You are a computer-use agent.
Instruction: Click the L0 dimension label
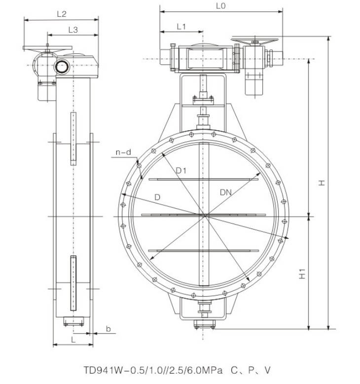pyautogui.click(x=220, y=6)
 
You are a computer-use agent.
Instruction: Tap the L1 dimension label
pyautogui.click(x=181, y=27)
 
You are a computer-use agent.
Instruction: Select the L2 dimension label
pyautogui.click(x=62, y=14)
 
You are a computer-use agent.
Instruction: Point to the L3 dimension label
pyautogui.click(x=73, y=30)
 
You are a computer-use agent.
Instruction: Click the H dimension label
pyautogui.click(x=322, y=183)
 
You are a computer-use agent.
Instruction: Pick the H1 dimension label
pyautogui.click(x=302, y=273)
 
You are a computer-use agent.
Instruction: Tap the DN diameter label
pyautogui.click(x=226, y=192)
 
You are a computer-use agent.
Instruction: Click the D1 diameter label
pyautogui.click(x=181, y=170)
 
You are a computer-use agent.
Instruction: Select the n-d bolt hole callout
pyautogui.click(x=123, y=153)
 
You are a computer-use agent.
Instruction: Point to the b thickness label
pyautogui.click(x=108, y=329)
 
